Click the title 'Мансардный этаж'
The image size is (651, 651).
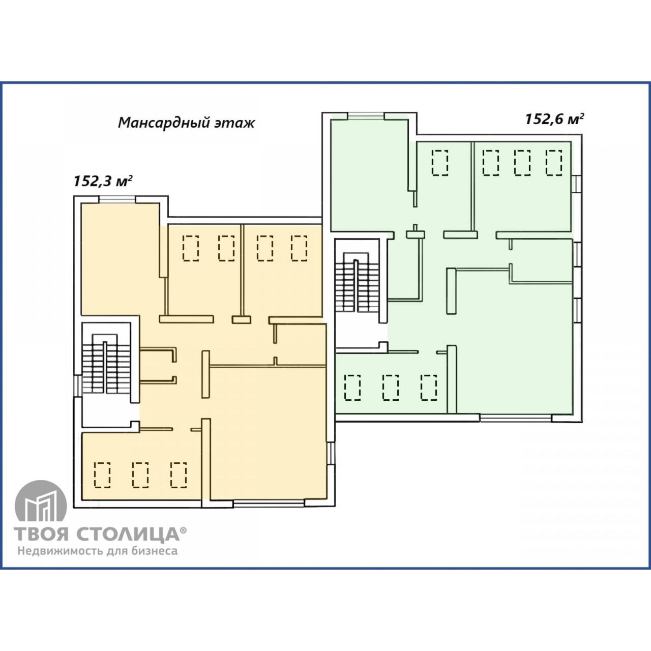186,123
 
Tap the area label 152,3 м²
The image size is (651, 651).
103,182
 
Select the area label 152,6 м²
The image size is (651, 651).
554,119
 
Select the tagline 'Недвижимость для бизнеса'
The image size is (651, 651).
98,551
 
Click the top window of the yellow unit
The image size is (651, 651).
117,199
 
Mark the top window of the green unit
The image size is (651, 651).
366,115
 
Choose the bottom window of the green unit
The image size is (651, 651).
516,418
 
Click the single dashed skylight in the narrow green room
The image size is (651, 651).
440,163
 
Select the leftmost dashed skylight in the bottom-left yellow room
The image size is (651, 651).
102,475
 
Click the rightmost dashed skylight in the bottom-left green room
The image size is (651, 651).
429,387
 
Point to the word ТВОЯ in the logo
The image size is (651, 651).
42,534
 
